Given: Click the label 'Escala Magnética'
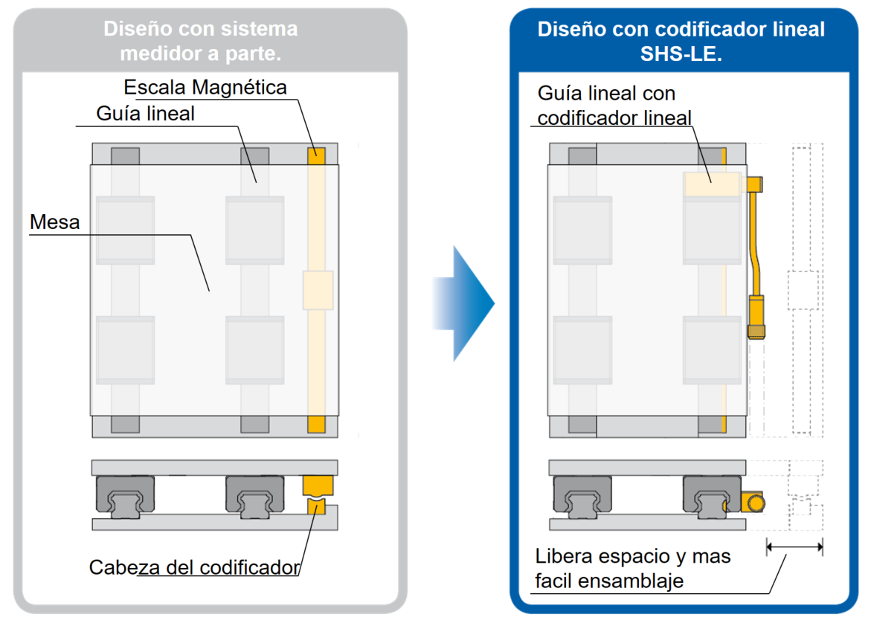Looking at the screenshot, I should (205, 87).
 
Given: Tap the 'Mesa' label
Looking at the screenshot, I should (55, 221).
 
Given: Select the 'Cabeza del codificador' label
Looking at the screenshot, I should (194, 567).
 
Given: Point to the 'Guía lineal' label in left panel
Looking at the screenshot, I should (146, 114).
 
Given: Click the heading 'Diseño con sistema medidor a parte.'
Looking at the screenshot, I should (200, 41).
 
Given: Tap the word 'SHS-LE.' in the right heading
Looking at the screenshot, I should (681, 54).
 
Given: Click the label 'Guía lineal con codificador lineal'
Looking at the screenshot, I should (614, 106).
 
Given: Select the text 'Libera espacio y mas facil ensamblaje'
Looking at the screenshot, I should (632, 568).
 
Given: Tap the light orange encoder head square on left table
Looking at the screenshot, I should (318, 290).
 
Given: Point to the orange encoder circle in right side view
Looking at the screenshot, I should (756, 503).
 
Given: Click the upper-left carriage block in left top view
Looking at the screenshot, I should (125, 230).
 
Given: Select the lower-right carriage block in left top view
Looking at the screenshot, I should (254, 348).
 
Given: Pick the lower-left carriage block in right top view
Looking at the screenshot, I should (582, 348).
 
